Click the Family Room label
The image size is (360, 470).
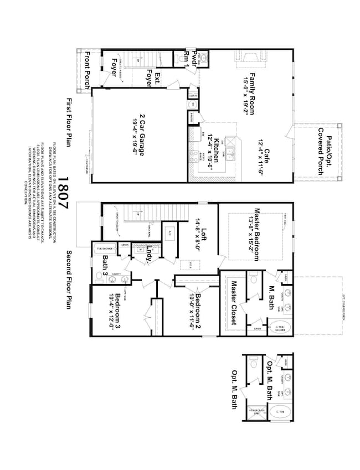point(251,94)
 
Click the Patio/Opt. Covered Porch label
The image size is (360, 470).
point(320,151)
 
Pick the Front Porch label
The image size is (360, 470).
point(88,72)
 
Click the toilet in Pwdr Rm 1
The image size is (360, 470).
point(202,56)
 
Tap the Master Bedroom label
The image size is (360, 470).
point(257,229)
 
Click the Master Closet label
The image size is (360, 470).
point(234,303)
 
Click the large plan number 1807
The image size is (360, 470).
point(63,193)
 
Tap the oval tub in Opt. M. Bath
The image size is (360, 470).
point(280,411)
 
